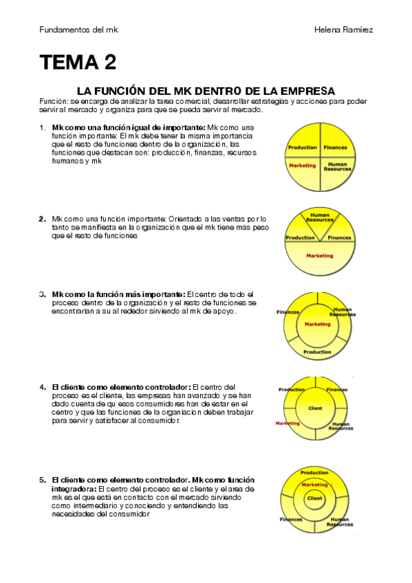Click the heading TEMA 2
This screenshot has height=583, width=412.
(x=78, y=62)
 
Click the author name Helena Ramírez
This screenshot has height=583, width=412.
(x=344, y=30)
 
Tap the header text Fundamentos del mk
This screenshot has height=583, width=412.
(x=78, y=30)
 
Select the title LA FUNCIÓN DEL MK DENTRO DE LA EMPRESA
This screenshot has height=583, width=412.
(x=206, y=91)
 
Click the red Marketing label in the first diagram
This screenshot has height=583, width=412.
(x=303, y=166)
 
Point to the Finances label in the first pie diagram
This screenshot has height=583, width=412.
(x=335, y=147)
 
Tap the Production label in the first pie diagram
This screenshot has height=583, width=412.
(x=303, y=147)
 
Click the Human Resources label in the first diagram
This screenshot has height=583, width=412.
(x=337, y=166)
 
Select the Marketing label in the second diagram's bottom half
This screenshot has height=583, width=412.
(x=320, y=256)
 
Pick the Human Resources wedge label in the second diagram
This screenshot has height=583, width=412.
(x=320, y=217)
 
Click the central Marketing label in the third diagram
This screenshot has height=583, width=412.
(x=318, y=324)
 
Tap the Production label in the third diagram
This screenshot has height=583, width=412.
(x=317, y=352)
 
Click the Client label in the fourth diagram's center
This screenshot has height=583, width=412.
(x=315, y=408)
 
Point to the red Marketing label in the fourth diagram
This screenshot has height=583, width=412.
(x=288, y=423)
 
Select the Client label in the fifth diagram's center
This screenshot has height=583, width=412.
(x=315, y=498)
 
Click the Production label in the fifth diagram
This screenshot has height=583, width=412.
(x=314, y=472)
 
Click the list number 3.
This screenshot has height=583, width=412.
(x=43, y=294)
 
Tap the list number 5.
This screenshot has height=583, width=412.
(x=43, y=480)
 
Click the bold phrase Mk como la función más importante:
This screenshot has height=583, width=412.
(x=118, y=294)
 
